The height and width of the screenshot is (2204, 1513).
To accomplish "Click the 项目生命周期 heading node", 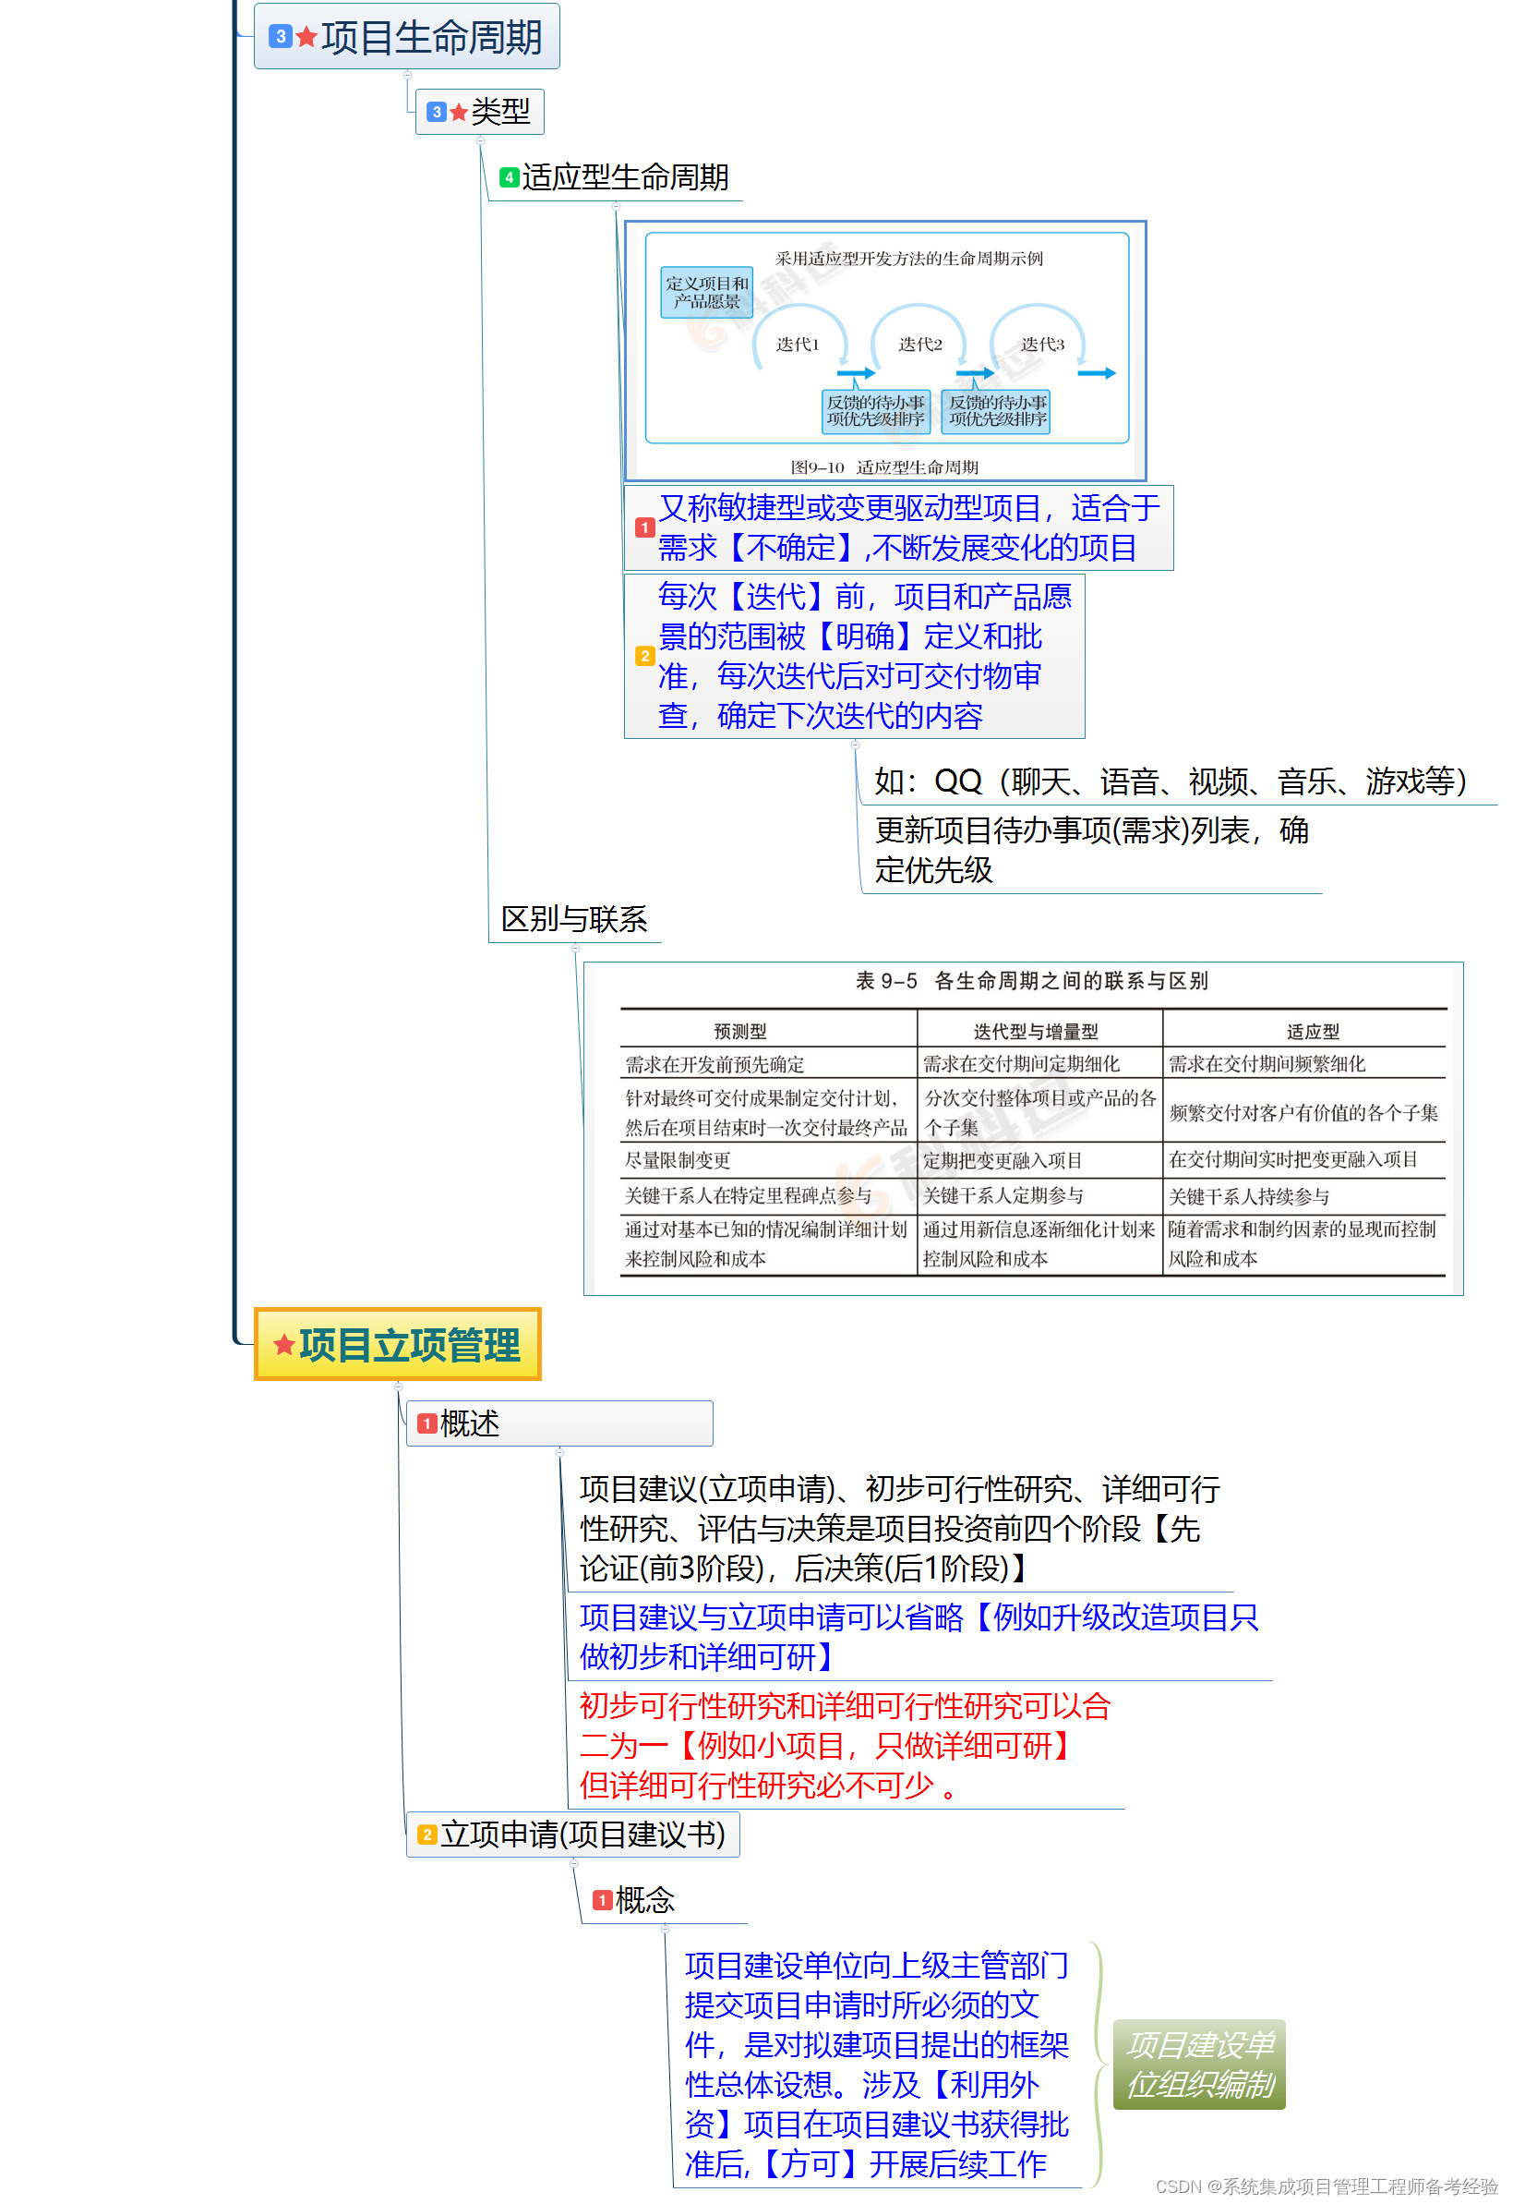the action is [x=408, y=38].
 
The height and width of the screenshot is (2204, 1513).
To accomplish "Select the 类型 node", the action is [x=481, y=112].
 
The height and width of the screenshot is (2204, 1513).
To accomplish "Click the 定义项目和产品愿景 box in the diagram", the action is [x=707, y=292].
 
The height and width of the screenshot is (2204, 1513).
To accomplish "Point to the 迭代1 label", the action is [x=799, y=345].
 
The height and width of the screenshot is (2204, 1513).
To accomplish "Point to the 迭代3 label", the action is [x=1043, y=345].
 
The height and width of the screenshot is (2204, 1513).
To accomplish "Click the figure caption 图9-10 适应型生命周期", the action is [x=884, y=467].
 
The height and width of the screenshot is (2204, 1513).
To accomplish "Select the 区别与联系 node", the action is [x=574, y=920].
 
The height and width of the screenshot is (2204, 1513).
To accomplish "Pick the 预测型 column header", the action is [x=740, y=1032].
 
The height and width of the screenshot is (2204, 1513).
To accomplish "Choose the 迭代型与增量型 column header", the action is [x=1036, y=1032].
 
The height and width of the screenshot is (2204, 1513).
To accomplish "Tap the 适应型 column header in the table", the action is [x=1313, y=1032].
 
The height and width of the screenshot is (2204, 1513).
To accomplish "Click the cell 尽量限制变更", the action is [x=678, y=1161].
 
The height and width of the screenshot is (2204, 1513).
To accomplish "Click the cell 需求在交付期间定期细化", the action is [x=1021, y=1064].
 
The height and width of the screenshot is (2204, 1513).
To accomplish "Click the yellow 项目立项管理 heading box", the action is [x=398, y=1345].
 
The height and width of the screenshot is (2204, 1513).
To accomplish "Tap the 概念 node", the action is [x=644, y=1900].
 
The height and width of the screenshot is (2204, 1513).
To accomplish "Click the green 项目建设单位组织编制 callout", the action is [x=1200, y=2065].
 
